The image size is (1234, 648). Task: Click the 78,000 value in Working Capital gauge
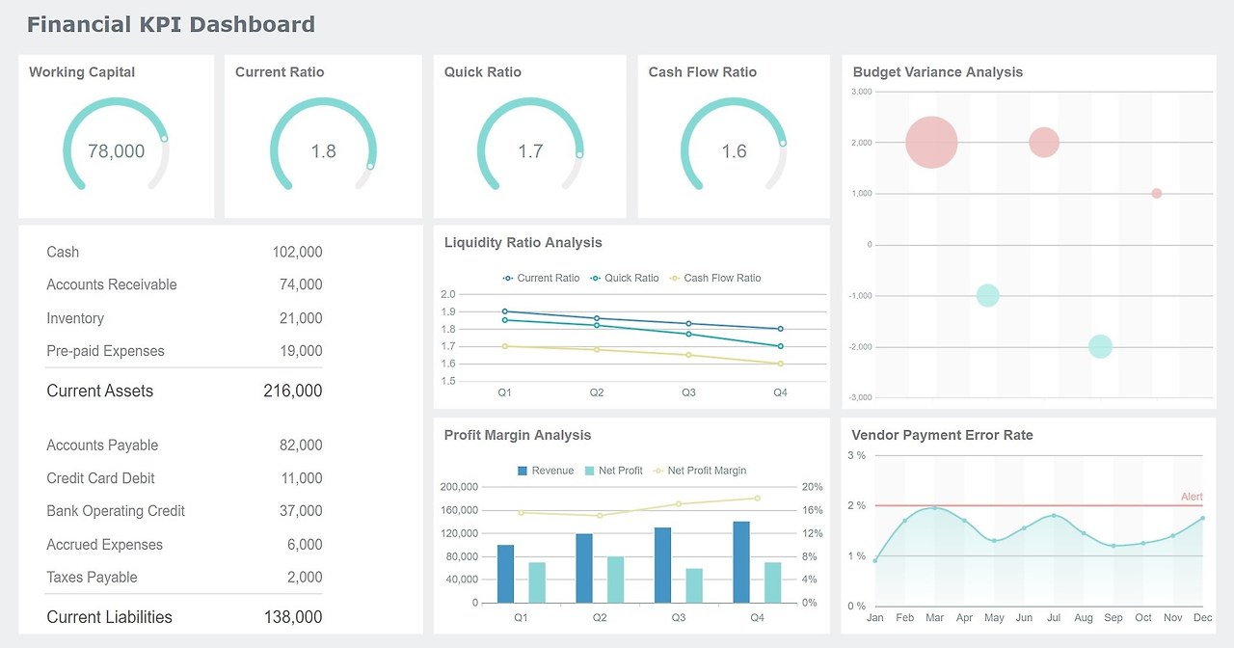(x=116, y=151)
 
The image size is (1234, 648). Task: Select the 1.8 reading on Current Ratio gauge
(x=323, y=151)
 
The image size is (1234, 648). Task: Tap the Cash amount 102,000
(x=297, y=252)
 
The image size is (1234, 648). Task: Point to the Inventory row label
(x=75, y=318)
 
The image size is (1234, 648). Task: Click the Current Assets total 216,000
(x=292, y=391)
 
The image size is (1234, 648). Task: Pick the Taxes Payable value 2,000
(x=305, y=578)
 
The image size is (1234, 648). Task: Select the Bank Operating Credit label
(x=116, y=511)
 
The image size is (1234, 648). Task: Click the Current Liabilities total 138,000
(x=292, y=617)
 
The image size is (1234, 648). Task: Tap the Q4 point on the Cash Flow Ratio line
(x=781, y=364)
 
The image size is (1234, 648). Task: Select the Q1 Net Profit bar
(x=537, y=582)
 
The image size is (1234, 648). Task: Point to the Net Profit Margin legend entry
(x=706, y=471)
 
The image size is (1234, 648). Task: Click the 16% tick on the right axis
(x=812, y=510)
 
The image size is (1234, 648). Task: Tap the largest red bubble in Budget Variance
(x=931, y=143)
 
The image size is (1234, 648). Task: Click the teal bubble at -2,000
(x=1100, y=346)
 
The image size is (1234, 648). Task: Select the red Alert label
(x=1192, y=497)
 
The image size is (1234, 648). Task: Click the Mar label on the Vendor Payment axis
(x=934, y=617)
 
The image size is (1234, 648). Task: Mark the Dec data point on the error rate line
(x=1203, y=519)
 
